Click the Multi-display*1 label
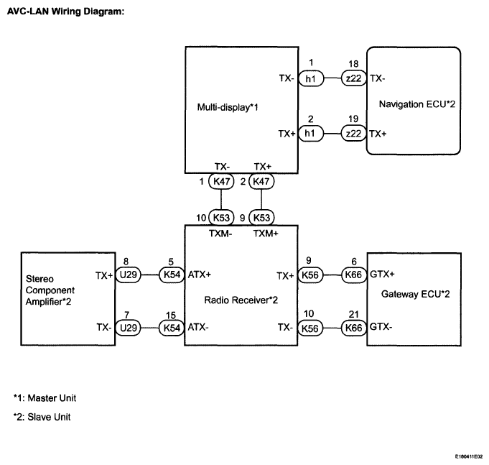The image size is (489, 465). [x=228, y=107]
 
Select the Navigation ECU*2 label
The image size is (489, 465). [x=417, y=104]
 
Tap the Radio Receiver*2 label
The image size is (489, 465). [x=241, y=300]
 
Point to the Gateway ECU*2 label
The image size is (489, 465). [x=416, y=294]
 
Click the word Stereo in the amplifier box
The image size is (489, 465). [x=39, y=279]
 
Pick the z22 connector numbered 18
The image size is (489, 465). [x=354, y=78]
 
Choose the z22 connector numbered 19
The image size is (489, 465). [x=354, y=134]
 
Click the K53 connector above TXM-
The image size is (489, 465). [x=221, y=218]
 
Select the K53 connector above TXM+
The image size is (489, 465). [x=261, y=218]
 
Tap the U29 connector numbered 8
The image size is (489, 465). [x=129, y=275]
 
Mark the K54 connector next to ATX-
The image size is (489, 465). [x=172, y=328]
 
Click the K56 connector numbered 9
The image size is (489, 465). [x=310, y=275]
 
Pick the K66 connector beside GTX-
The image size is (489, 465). [x=354, y=328]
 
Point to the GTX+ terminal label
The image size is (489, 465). [x=382, y=275]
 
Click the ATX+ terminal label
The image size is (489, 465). [x=200, y=275]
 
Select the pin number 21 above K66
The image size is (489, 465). [x=354, y=314]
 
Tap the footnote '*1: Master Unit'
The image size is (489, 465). [x=45, y=398]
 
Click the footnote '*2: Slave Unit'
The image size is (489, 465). [x=42, y=417]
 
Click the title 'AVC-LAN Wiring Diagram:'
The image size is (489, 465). [x=65, y=11]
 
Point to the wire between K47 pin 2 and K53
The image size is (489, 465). [x=261, y=199]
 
